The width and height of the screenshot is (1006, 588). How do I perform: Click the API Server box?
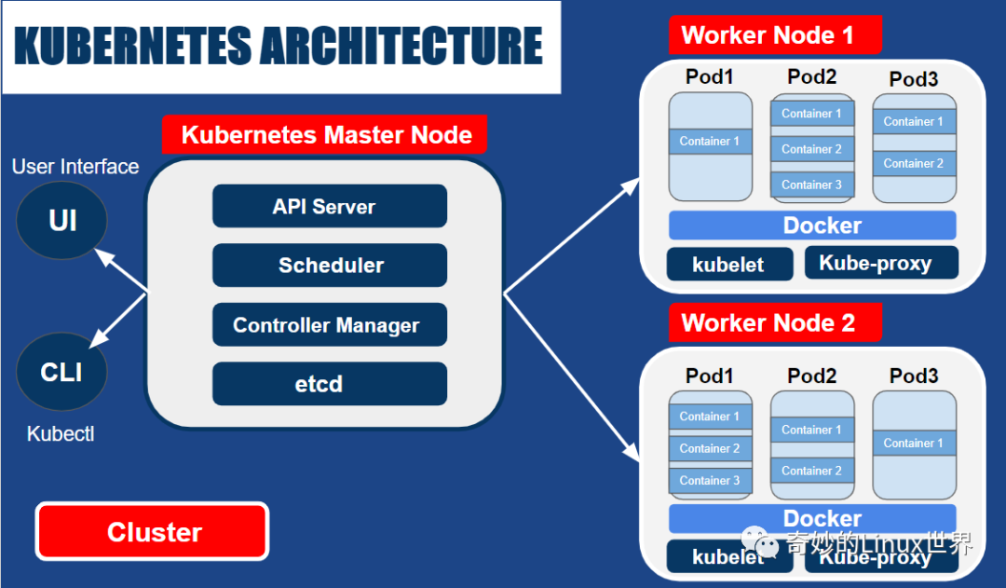tap(330, 206)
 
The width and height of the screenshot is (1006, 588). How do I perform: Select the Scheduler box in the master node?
tap(330, 266)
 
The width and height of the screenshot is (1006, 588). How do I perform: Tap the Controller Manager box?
tap(330, 325)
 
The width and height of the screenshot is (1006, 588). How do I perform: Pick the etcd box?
tap(330, 384)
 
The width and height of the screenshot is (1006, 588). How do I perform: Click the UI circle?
tap(62, 221)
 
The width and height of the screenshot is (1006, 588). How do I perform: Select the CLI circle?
tap(62, 372)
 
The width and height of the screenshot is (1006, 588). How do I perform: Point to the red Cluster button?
tap(153, 532)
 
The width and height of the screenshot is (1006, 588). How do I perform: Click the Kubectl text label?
tap(61, 434)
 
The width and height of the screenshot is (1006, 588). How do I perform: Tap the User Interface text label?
tap(75, 167)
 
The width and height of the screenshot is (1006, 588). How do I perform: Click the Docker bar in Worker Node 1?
tap(812, 226)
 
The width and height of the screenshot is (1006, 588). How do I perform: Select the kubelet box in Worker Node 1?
tap(729, 264)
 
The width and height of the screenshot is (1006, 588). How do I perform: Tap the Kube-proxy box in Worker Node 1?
tap(880, 263)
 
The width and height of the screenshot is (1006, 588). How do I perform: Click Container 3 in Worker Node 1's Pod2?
tap(812, 185)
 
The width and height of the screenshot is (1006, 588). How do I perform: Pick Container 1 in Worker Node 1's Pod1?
tap(710, 142)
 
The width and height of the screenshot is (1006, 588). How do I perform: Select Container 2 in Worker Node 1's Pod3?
tap(914, 163)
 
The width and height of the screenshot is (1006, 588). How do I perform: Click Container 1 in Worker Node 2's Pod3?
tap(914, 443)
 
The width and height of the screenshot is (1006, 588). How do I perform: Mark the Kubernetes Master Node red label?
tap(325, 134)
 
